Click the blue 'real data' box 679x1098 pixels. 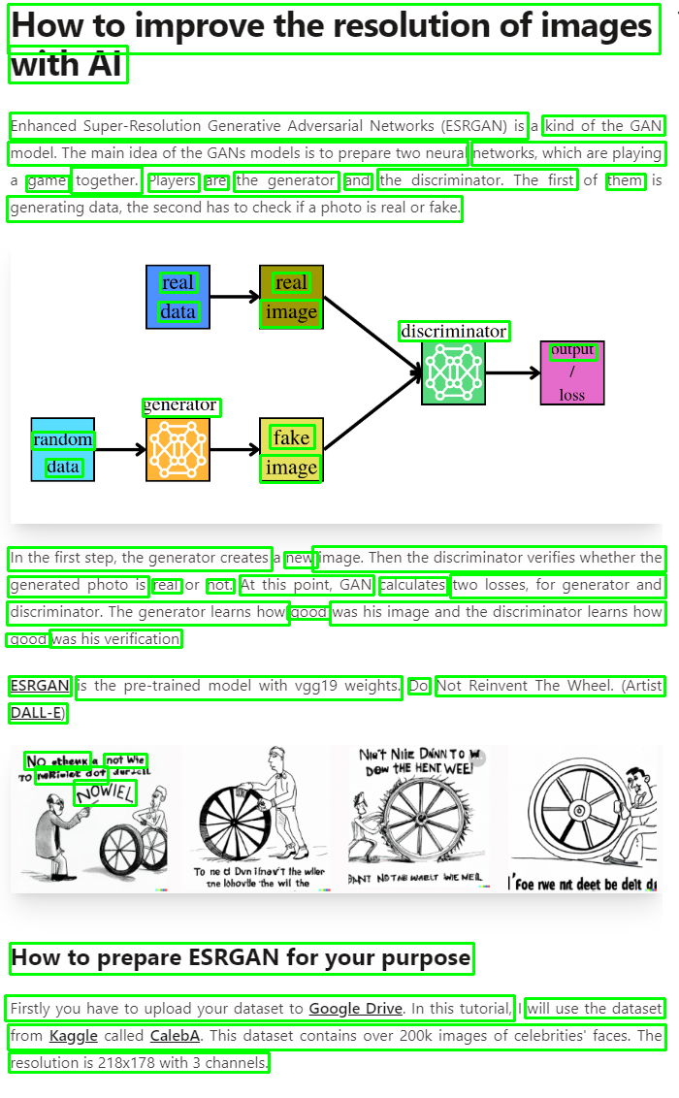tap(178, 297)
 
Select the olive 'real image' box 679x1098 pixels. tap(291, 297)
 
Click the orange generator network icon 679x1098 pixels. tap(178, 449)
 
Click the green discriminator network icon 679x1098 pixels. tap(453, 372)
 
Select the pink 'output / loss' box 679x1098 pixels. tap(572, 372)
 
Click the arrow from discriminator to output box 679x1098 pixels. tap(512, 372)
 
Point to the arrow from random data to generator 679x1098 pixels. tap(120, 449)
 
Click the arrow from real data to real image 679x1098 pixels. tap(234, 297)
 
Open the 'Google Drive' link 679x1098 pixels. tap(355, 1009)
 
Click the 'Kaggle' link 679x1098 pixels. tap(74, 1036)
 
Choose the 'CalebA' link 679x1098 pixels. tap(175, 1036)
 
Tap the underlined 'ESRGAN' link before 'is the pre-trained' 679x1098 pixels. tap(40, 686)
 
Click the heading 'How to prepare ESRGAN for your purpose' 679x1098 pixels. tap(241, 958)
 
